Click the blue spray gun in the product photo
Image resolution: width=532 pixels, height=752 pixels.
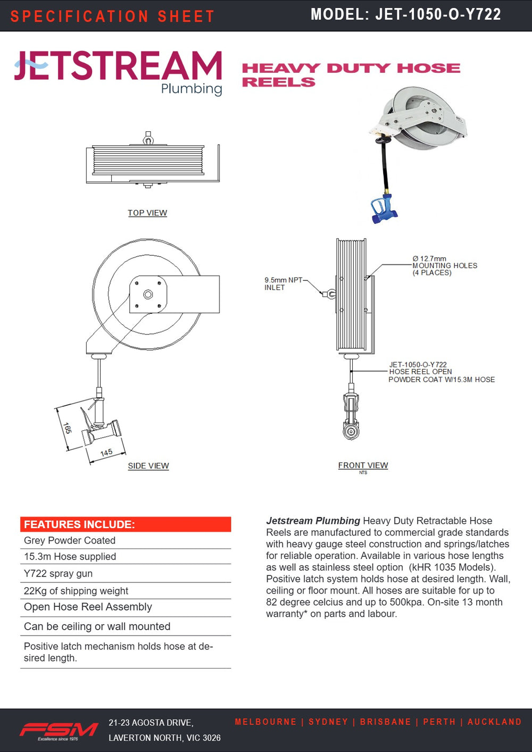[x=384, y=209]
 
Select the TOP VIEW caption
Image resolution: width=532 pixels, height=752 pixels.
[x=147, y=213]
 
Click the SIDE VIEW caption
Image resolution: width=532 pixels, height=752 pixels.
[x=148, y=466]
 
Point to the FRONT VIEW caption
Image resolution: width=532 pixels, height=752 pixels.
[x=363, y=465]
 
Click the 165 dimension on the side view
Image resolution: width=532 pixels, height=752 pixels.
[x=67, y=428]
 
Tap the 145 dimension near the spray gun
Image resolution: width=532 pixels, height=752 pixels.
[x=106, y=453]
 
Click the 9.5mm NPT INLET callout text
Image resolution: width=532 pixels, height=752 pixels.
[x=283, y=283]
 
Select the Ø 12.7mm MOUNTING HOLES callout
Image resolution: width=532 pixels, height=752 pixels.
[x=444, y=265]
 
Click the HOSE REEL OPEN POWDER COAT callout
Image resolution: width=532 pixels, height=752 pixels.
[x=441, y=372]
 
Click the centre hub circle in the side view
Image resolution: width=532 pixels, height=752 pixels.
[x=148, y=294]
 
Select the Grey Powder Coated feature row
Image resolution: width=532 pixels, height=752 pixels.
[x=70, y=540]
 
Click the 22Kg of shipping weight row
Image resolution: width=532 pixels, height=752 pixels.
[x=76, y=591]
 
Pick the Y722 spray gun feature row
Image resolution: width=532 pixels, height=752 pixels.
[x=58, y=573]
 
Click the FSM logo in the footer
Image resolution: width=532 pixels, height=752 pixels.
[x=59, y=730]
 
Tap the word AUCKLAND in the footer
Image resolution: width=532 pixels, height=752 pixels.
[x=494, y=722]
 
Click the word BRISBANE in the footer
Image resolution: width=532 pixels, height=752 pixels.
[x=385, y=722]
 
